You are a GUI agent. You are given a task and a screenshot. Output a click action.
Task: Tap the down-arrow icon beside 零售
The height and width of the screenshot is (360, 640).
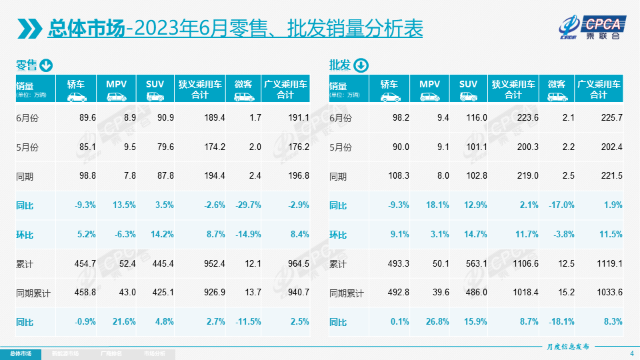tap(46, 65)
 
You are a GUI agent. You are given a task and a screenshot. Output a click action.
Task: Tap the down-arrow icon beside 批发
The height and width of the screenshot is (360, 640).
tap(360, 65)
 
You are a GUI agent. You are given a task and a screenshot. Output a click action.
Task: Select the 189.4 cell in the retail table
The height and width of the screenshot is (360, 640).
tap(214, 117)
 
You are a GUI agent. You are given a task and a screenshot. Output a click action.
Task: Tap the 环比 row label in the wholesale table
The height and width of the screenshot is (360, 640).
tap(339, 234)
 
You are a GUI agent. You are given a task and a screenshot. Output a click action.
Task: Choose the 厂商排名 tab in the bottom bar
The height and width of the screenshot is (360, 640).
tap(110, 353)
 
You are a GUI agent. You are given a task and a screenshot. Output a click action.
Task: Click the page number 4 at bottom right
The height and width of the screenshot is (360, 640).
tap(631, 353)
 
